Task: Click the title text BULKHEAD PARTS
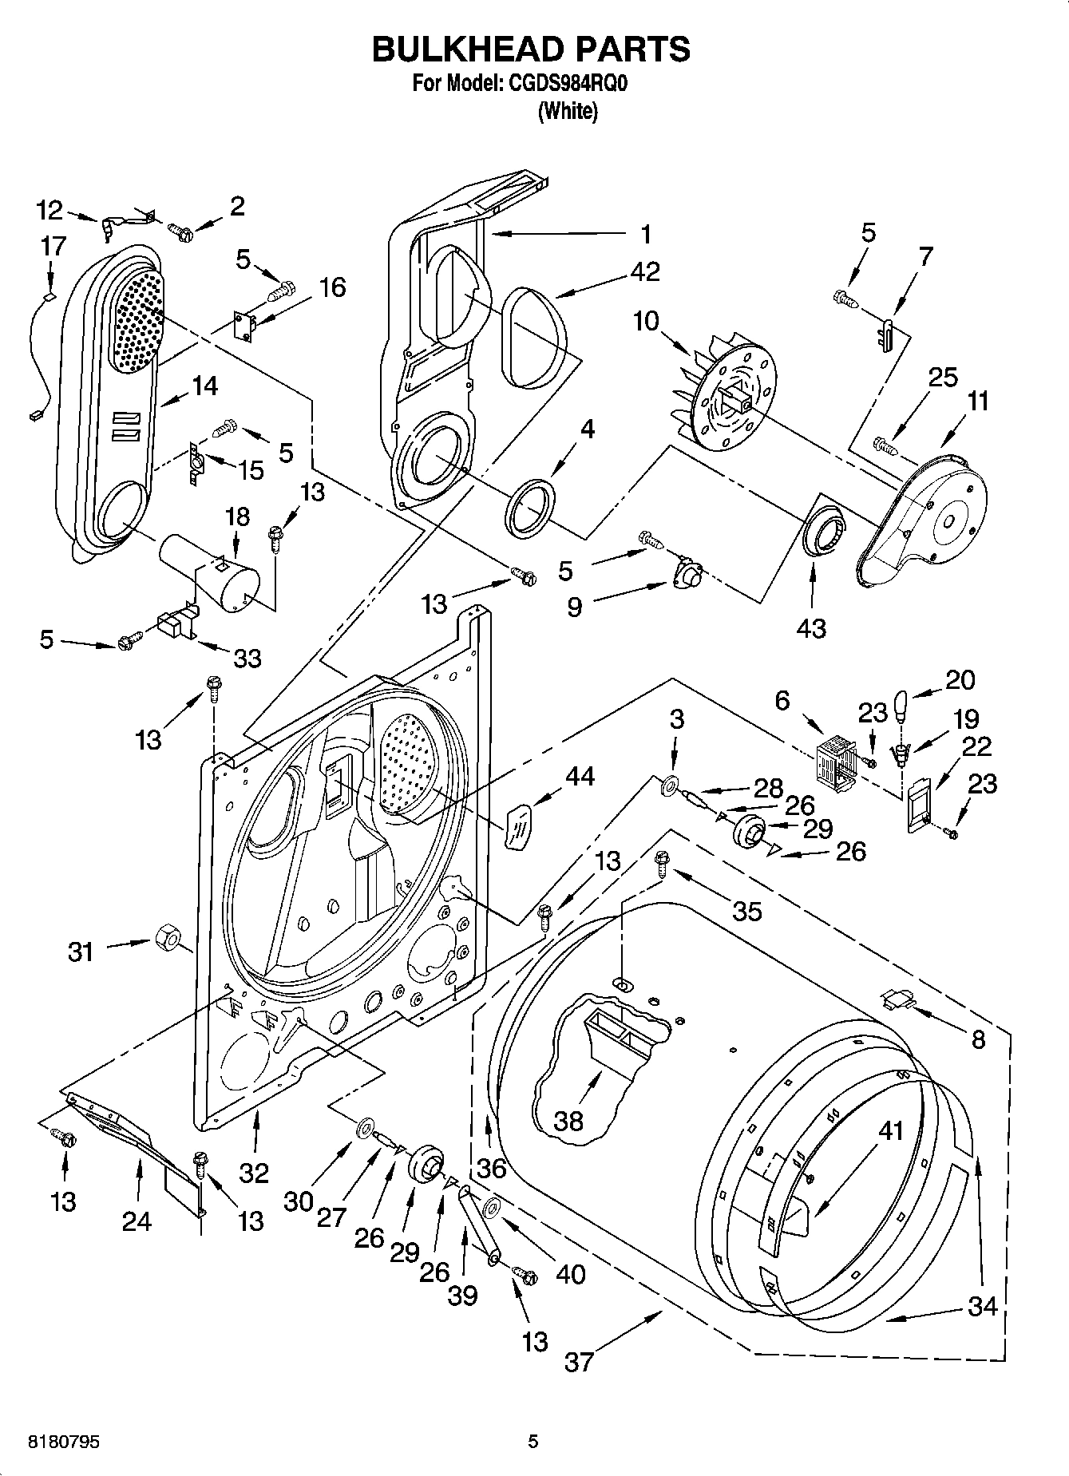coord(531,49)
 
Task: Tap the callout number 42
coord(645,272)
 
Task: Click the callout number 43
coord(812,628)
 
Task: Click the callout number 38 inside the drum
coord(568,1121)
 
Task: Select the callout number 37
coord(580,1361)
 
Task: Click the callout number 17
coord(53,246)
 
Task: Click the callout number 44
coord(580,775)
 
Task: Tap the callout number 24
coord(137,1221)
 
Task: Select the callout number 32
coord(255,1173)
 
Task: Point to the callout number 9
coord(575,607)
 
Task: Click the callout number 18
coord(237,516)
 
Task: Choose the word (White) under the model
coord(568,111)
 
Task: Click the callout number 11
coord(977,402)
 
